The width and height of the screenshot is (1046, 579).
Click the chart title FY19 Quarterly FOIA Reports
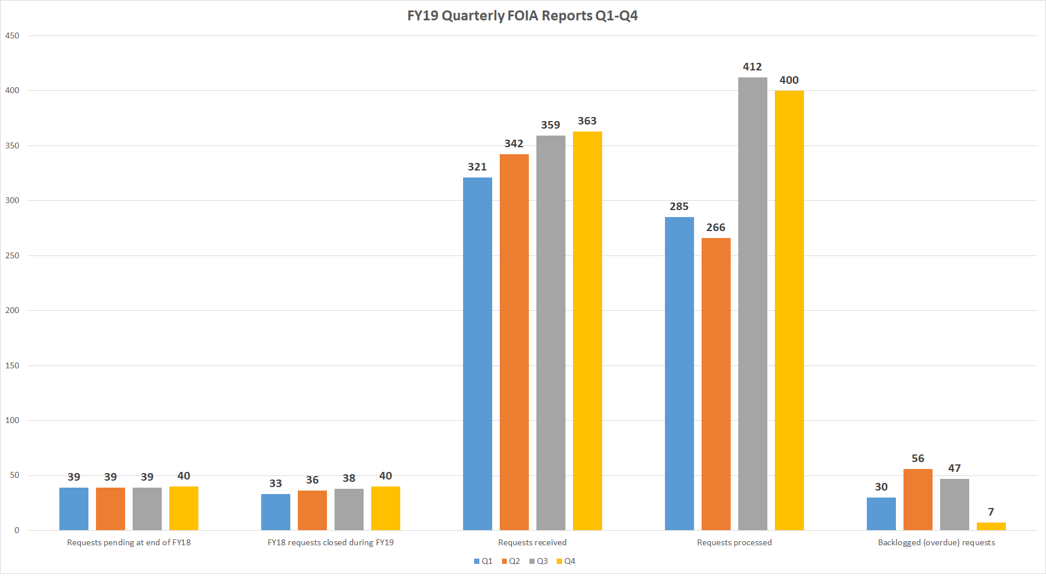coord(522,16)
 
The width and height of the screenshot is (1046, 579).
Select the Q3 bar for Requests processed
coord(752,303)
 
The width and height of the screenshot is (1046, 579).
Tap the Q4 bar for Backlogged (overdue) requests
coord(991,527)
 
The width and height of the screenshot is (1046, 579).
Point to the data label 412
coord(752,67)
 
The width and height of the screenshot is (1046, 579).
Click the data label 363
coord(587,121)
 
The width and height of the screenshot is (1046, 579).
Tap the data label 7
coord(991,512)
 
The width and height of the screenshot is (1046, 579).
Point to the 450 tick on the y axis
coord(12,36)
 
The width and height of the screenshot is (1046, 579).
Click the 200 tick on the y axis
coord(12,311)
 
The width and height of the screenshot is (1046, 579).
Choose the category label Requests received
coord(532,542)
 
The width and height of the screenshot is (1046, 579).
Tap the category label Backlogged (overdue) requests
coord(936,542)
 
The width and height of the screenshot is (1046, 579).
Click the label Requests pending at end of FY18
coord(129,542)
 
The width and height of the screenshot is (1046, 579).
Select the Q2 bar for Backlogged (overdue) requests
coord(917,499)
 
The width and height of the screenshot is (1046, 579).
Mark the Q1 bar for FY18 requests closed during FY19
coord(275,512)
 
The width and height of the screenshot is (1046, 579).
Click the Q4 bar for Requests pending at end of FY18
coord(183,508)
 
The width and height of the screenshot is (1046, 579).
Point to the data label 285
coord(679,207)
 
